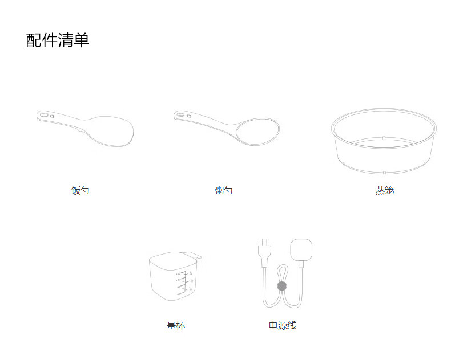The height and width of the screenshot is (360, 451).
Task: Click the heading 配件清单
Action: (x=58, y=40)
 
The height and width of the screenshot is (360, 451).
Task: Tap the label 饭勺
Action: (x=80, y=191)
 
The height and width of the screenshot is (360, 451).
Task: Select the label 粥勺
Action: (x=223, y=191)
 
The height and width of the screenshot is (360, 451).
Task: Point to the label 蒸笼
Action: (x=384, y=191)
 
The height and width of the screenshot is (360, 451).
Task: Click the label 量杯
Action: (x=176, y=326)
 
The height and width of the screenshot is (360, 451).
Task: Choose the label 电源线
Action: (x=283, y=326)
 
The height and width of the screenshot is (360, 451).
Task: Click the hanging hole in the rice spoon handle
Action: (x=43, y=116)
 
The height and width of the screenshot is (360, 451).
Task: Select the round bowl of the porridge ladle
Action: (x=257, y=130)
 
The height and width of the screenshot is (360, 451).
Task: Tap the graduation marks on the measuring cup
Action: (x=184, y=283)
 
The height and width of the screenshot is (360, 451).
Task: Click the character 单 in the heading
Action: (x=82, y=40)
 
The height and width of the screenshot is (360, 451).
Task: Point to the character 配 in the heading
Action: (x=34, y=40)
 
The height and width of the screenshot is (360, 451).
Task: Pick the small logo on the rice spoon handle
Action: (x=53, y=116)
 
